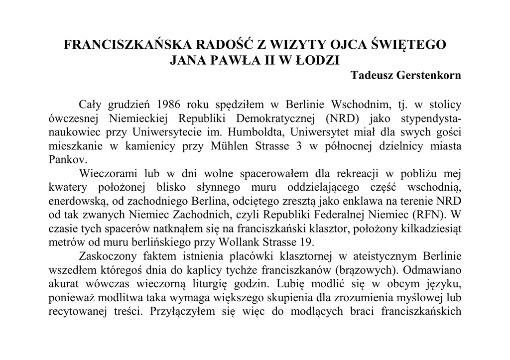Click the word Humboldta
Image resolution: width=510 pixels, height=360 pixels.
click(259, 133)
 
